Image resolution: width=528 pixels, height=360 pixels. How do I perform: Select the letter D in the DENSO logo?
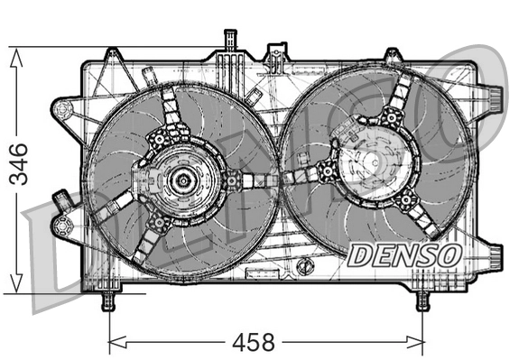tap(358, 255)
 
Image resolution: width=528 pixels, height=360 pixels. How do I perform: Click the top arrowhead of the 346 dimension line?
tap(15, 54)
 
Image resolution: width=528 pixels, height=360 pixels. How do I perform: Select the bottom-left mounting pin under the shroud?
tap(109, 300)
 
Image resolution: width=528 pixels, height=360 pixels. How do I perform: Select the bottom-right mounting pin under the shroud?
tap(422, 300)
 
